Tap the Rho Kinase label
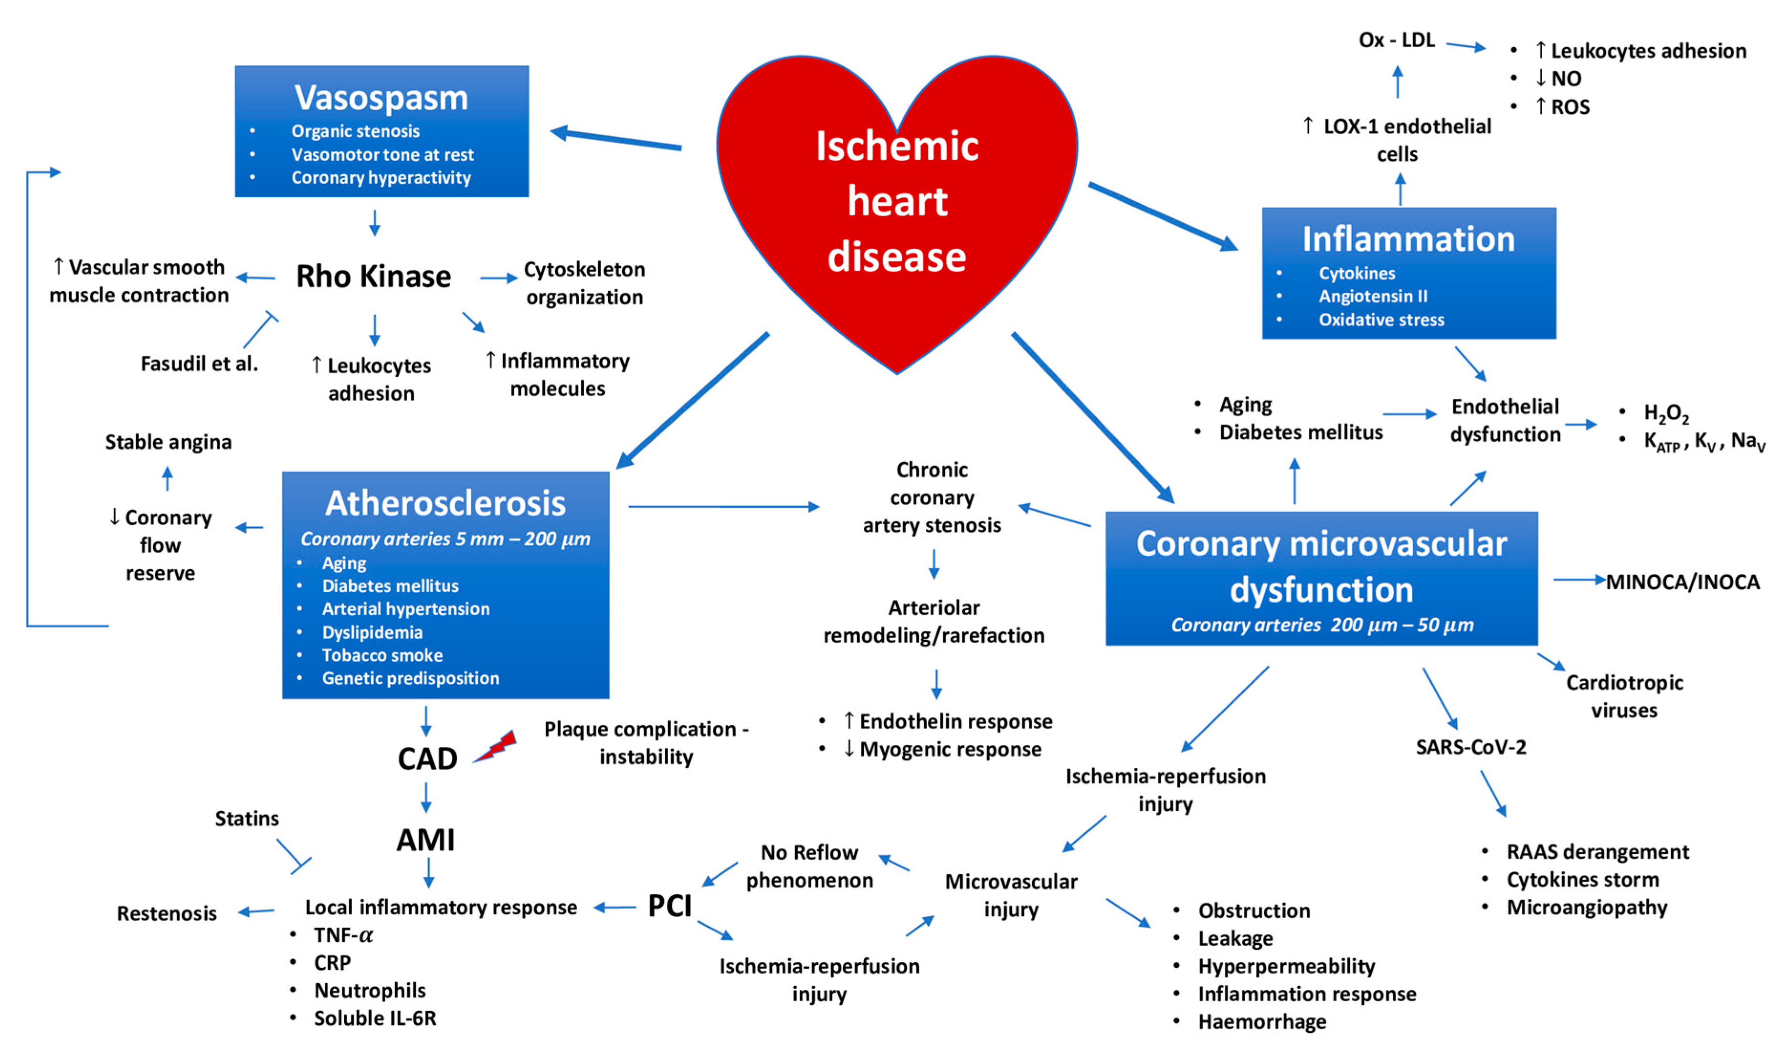tap(373, 276)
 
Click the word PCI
tap(669, 906)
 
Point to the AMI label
tap(425, 840)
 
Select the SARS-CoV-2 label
tap(1471, 747)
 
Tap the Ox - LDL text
tap(1396, 40)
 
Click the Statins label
tap(247, 818)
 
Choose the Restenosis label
tap(167, 913)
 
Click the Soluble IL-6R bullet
tap(375, 1018)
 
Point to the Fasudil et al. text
tap(200, 363)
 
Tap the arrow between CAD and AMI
tap(426, 797)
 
